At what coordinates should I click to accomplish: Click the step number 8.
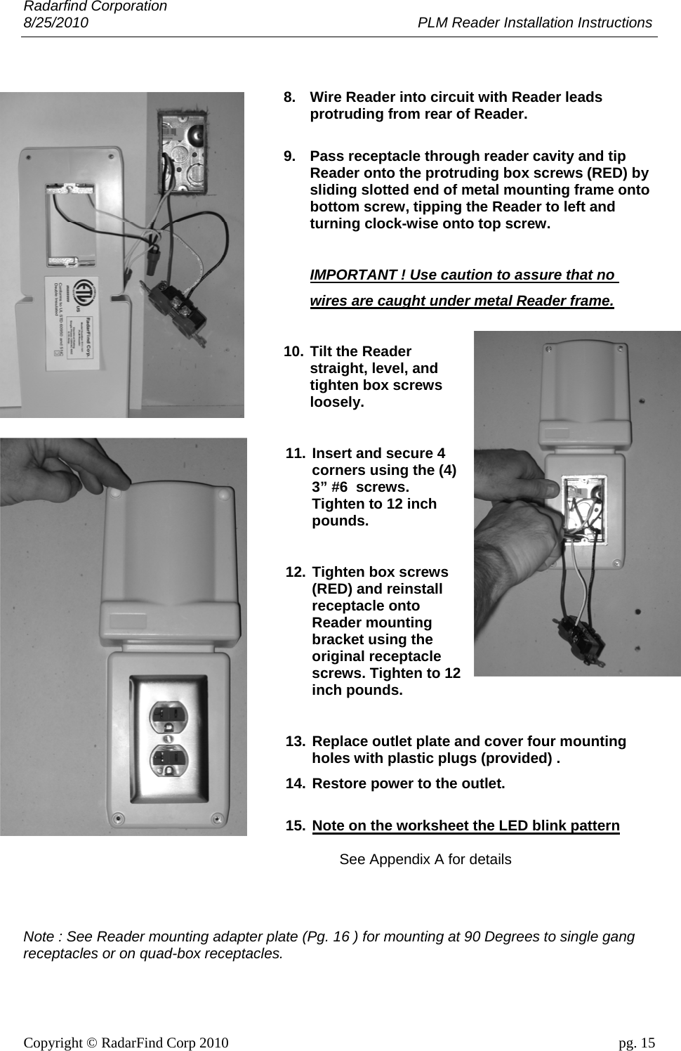tap(289, 97)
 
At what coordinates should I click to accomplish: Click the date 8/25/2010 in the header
tap(56, 22)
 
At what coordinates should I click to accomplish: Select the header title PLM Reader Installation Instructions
tap(534, 22)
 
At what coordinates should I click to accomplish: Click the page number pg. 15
tap(636, 1043)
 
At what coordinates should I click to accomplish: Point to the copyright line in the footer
tap(126, 1043)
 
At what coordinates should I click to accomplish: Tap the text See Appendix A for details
tap(425, 859)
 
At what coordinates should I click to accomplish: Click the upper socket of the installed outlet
tap(169, 715)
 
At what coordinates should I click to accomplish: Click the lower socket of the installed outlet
tap(169, 759)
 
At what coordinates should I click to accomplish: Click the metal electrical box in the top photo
tap(183, 151)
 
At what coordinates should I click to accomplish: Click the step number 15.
tap(295, 825)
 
